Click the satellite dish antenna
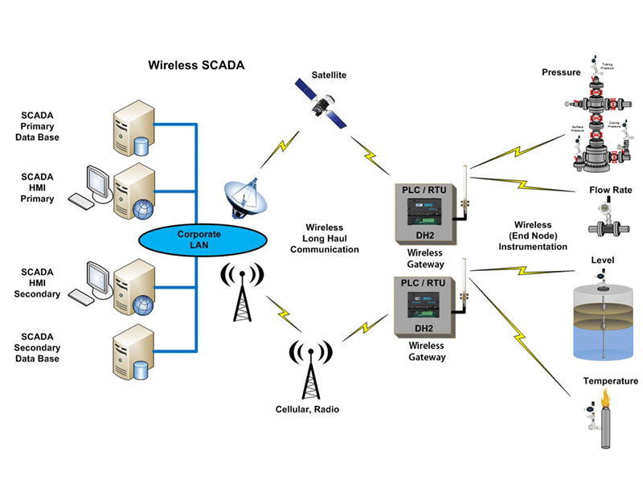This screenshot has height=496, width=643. [x=243, y=195]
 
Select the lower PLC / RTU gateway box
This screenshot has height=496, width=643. [x=424, y=305]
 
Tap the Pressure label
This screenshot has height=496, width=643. [x=561, y=72]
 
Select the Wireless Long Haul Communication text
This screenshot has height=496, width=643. [x=330, y=239]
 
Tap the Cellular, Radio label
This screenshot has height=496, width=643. [x=306, y=409]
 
